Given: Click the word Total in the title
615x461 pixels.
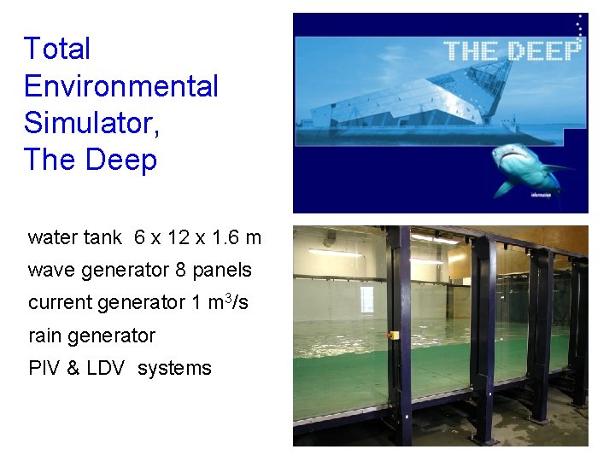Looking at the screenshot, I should click(57, 49).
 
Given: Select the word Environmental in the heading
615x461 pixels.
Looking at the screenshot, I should click(121, 86).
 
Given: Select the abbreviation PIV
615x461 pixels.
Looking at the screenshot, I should click(43, 368).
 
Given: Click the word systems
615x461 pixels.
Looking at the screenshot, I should click(174, 369).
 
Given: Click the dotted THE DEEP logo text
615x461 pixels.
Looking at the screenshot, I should click(512, 50).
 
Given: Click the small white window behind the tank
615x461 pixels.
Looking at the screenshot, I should click(366, 299).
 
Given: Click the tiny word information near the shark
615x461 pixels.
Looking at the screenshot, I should click(540, 195).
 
